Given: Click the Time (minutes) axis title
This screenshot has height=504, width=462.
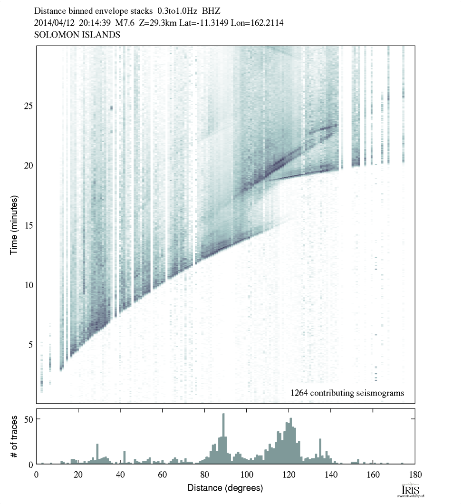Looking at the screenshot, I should (14, 224).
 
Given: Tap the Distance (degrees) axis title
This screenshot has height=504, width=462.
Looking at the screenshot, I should (225, 488).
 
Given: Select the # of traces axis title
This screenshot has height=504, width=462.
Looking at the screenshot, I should (14, 436).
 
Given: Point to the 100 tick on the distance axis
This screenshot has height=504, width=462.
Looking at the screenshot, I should (246, 474).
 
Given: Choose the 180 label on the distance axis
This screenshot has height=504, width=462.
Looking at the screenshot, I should (415, 474).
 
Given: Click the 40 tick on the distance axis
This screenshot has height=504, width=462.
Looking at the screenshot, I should (120, 474).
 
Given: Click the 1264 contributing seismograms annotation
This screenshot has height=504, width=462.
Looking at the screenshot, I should (347, 393).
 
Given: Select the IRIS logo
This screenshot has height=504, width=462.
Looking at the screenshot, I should (411, 490).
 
